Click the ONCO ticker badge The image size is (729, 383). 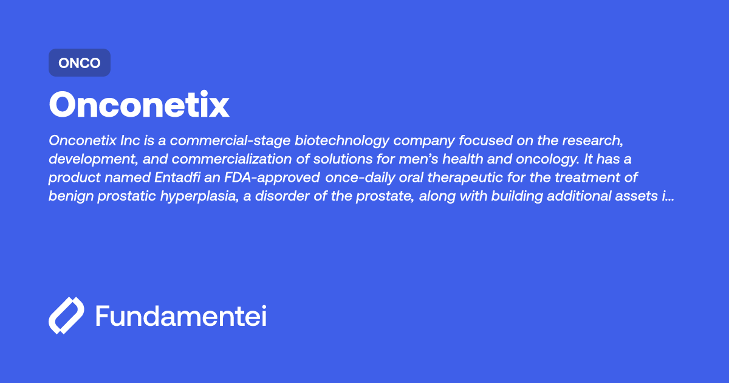coord(80,63)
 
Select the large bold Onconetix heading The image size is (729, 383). coord(139,105)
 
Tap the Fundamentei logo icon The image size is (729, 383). coord(66,316)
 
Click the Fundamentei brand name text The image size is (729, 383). coord(181,316)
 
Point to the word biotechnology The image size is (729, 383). coord(343,140)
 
